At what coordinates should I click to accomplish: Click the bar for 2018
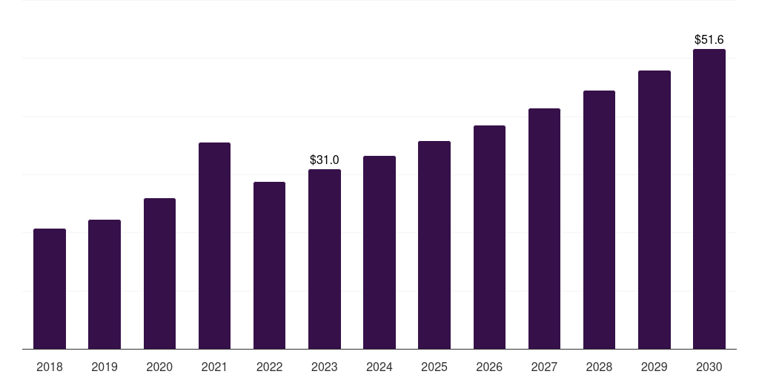pos(50,289)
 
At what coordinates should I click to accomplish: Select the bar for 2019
pos(105,284)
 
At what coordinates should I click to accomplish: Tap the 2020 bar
pos(160,273)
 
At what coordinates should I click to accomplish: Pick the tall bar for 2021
pos(214,246)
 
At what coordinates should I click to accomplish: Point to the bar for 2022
pos(269,266)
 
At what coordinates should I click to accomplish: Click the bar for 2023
pos(325,259)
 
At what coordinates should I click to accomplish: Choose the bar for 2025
pos(434,245)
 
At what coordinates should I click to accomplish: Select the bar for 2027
pos(544,229)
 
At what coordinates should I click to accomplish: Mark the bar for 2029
pos(654,210)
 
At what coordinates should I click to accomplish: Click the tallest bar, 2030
pos(709,199)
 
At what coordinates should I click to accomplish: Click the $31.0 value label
pos(325,160)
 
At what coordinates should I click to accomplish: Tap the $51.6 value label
pos(709,40)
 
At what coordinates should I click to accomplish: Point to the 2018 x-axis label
pos(50,367)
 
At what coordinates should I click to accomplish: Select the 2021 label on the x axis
pos(214,367)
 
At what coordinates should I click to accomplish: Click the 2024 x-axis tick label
pos(379,367)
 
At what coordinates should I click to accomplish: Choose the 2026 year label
pos(489,367)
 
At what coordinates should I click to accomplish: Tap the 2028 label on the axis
pos(599,367)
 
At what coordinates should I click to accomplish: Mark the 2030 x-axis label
pos(709,367)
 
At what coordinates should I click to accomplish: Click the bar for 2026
pos(489,237)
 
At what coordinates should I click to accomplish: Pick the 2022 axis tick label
pos(269,367)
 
